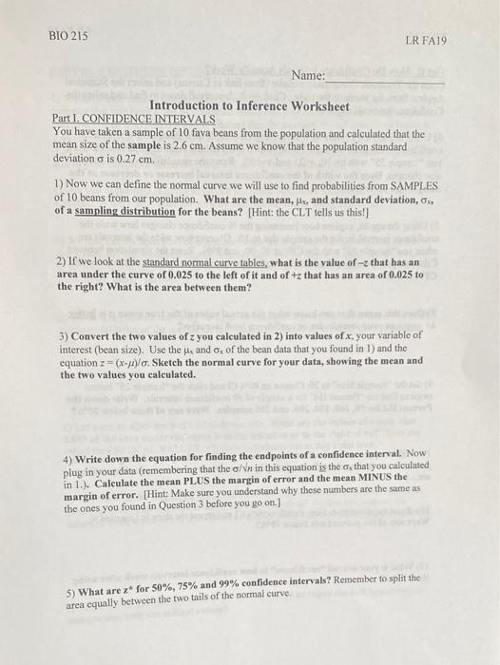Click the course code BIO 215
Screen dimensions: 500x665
67,35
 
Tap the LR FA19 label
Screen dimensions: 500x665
425,42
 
